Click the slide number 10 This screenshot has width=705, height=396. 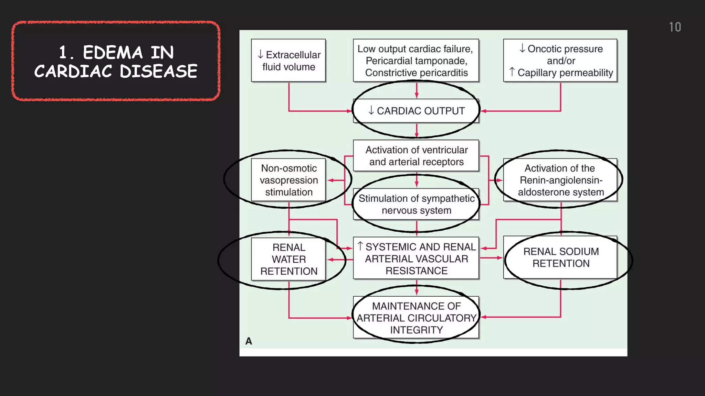(x=675, y=27)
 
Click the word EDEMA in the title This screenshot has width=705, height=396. (x=113, y=53)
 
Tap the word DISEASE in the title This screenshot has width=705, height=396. (x=158, y=71)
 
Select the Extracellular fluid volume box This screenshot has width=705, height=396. (x=288, y=60)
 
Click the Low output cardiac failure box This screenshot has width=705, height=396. (x=416, y=60)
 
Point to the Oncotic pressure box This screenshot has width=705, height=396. (x=560, y=60)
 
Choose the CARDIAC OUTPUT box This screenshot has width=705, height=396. (x=416, y=111)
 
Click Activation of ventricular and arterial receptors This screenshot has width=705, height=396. (x=416, y=156)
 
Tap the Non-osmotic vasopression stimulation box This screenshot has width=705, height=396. (x=288, y=180)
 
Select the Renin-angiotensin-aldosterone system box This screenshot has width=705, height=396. (x=560, y=180)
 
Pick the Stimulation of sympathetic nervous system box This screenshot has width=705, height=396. (x=416, y=204)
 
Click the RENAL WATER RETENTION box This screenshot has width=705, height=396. (x=288, y=259)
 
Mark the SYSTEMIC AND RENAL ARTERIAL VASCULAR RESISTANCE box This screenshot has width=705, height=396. (x=416, y=258)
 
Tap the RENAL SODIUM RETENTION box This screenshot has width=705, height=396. (x=560, y=257)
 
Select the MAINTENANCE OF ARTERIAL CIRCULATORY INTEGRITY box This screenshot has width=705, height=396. (x=416, y=318)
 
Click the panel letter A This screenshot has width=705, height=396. (x=249, y=341)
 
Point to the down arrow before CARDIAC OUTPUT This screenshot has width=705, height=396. (x=371, y=110)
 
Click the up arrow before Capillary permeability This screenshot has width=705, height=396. (x=512, y=72)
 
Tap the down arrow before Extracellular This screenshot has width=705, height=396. (x=261, y=54)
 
